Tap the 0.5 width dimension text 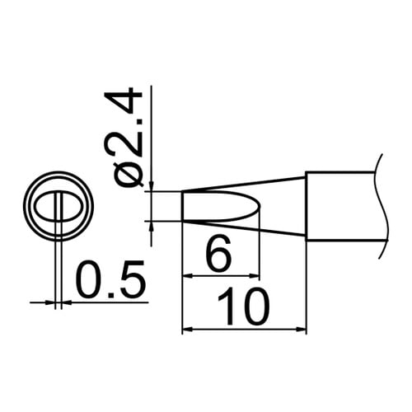point(110,280)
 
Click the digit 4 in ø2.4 point(134,103)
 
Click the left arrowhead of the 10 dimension point(186,330)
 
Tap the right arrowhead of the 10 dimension point(301,330)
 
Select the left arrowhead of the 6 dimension point(186,276)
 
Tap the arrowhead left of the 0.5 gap point(51,302)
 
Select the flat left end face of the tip point(182,206)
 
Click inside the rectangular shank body point(342,206)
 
